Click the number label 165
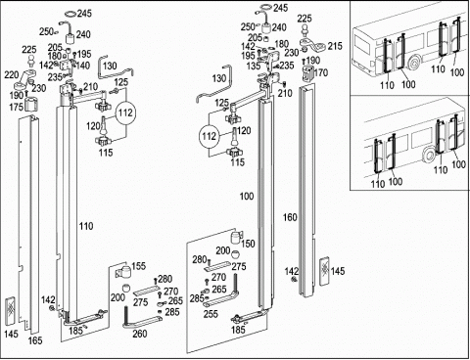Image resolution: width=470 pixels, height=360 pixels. tap(35, 340)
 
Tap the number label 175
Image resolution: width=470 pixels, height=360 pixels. tap(16, 107)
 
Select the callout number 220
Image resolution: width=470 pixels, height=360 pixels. tap(12, 75)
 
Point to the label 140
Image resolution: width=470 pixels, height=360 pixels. tap(83, 66)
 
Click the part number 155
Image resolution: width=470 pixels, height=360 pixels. tap(138, 266)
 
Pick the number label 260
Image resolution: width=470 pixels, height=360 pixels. tap(140, 334)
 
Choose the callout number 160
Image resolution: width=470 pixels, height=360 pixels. tap(290, 217)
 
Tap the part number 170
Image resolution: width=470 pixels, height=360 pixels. tap(321, 72)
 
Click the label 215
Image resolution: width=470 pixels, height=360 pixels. tap(335, 46)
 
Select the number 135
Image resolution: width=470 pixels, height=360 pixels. tap(254, 66)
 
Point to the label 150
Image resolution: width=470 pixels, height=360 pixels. tap(248, 244)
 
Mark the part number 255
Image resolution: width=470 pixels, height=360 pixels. tap(211, 314)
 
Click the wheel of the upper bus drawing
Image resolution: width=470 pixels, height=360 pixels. tap(415, 64)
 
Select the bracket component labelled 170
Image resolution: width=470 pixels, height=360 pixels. tap(307, 74)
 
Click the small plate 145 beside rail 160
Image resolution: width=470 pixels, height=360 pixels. tap(325, 271)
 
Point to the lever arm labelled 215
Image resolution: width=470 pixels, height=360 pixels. tap(312, 45)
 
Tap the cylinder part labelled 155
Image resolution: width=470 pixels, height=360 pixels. tap(123, 272)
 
